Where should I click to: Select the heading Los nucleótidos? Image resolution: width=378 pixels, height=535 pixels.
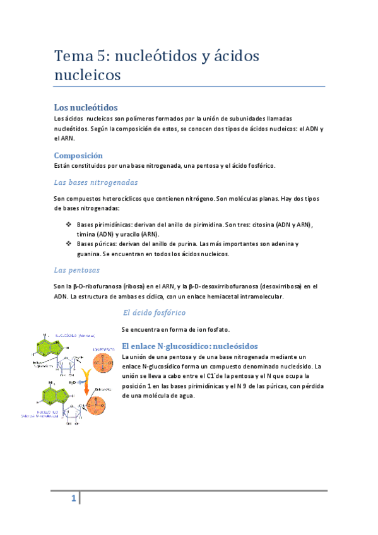tap(86, 107)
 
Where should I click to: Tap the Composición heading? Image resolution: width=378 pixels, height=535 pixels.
tap(78, 155)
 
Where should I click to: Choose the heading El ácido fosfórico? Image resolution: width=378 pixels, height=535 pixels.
tap(154, 312)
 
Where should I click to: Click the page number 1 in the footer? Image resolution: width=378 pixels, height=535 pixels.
tap(74, 500)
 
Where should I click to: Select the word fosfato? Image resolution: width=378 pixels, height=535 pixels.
tap(215, 329)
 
